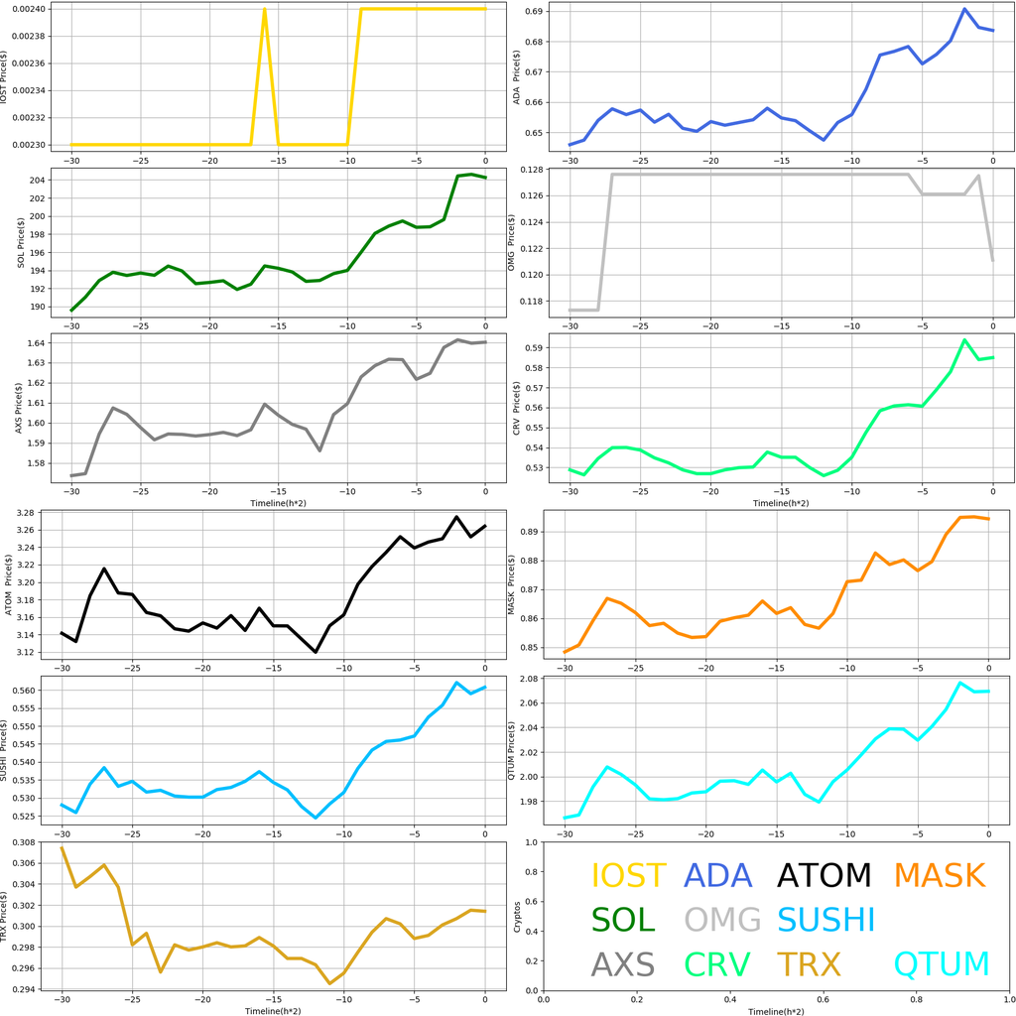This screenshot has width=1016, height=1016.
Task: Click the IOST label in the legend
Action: point(628,875)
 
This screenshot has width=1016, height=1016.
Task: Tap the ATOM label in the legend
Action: point(824,875)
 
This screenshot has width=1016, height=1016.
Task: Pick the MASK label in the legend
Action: point(939,875)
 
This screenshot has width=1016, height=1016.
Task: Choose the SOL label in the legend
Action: point(623,920)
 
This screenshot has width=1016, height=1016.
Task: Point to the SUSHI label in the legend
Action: point(825,920)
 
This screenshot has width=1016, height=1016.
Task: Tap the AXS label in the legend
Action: point(623,964)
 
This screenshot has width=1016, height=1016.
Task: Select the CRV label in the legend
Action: point(717,964)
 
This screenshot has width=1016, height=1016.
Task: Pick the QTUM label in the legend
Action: point(942,964)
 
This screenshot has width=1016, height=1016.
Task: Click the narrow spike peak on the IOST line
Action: point(265,9)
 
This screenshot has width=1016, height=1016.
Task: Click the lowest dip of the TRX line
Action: point(329,983)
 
